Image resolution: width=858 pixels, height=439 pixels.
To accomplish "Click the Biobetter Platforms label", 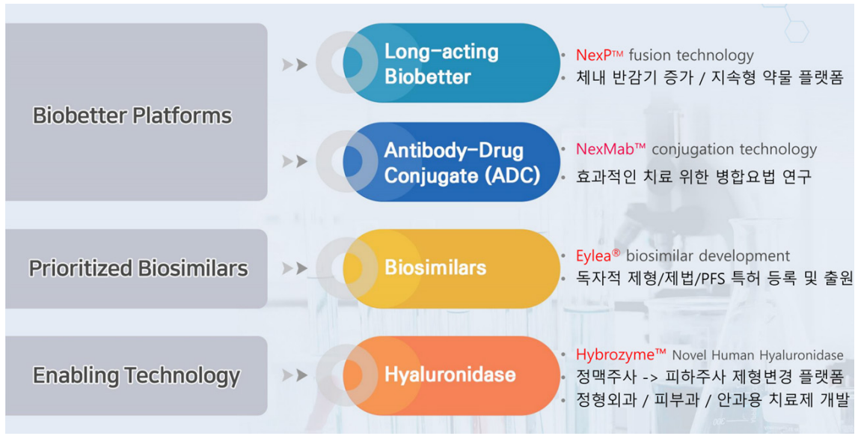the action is point(132,115).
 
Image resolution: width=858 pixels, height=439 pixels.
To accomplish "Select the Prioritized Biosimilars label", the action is point(138,268).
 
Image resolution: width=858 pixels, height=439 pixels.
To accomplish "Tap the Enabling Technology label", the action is point(136,375).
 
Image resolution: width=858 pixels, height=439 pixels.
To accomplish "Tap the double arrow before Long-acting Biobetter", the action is point(295,65).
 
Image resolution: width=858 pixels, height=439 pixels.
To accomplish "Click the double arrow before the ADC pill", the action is point(295,162).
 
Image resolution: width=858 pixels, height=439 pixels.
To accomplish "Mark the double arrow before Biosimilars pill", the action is point(295,268).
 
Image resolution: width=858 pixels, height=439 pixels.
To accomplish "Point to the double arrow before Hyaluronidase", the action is point(295,375).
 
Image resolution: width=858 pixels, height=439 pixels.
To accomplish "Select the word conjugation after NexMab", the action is point(690,149).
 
